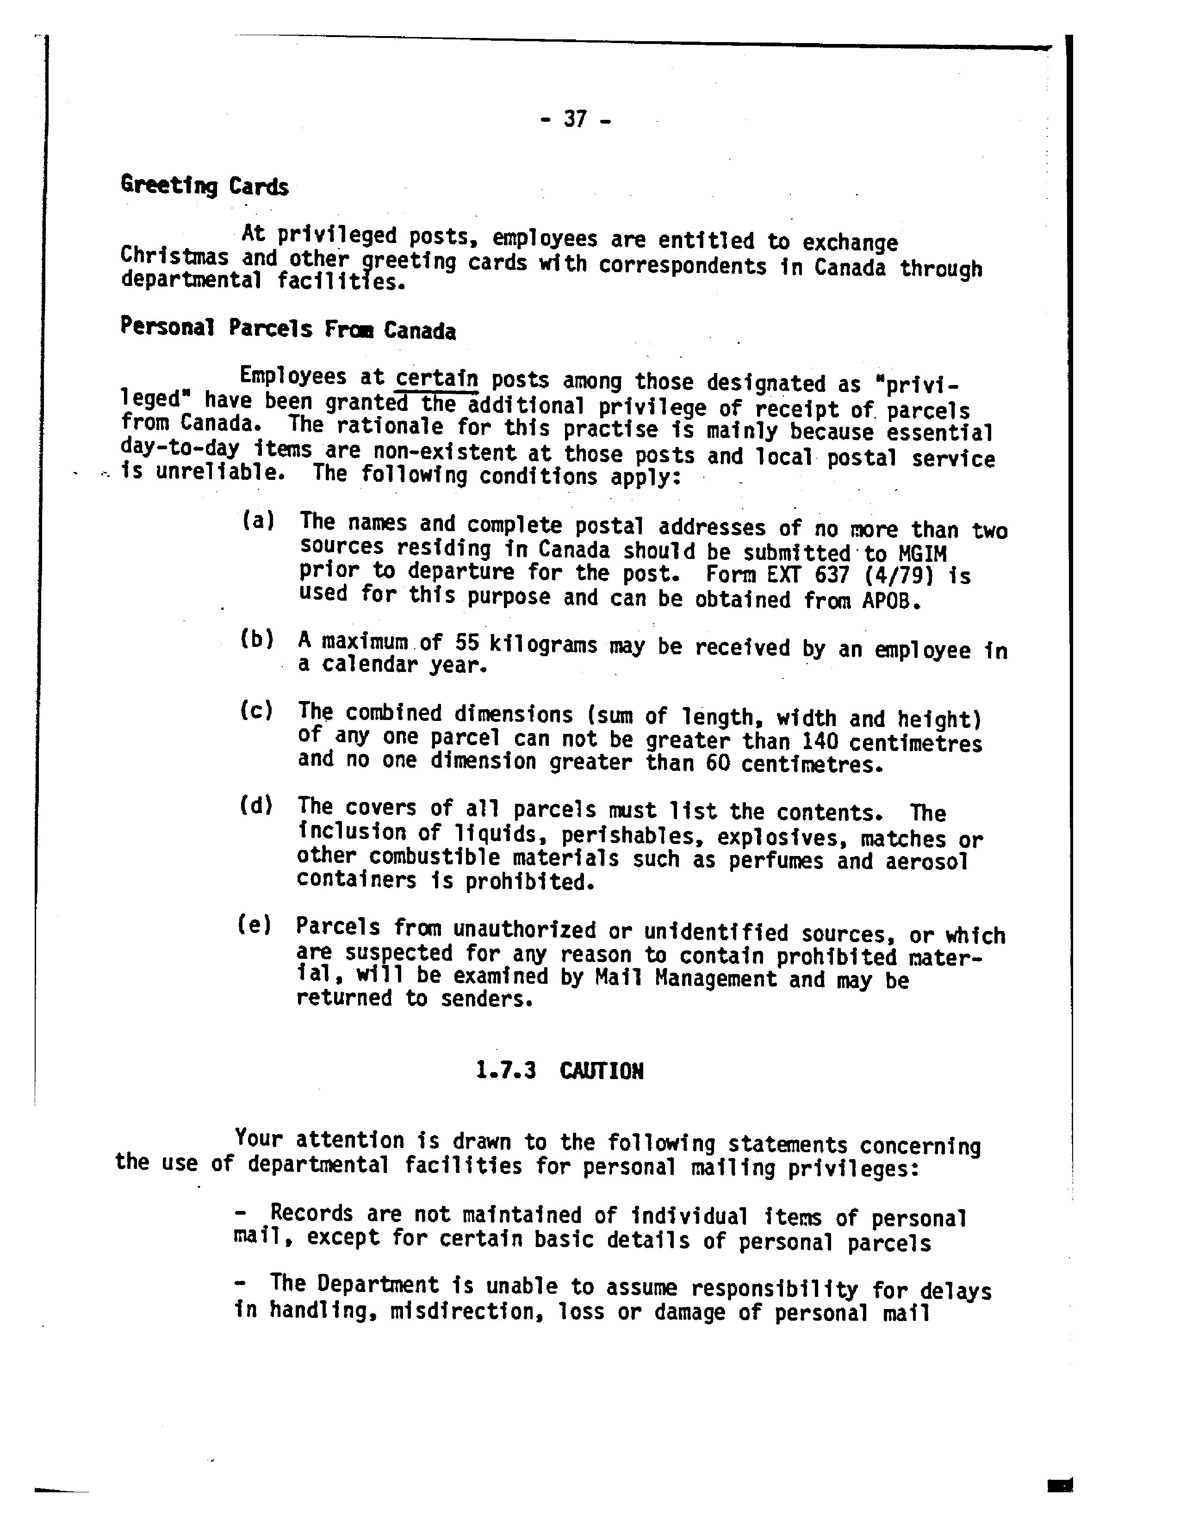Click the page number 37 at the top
(575, 119)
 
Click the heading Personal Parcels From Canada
(287, 329)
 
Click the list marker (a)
(257, 520)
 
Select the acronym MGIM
(922, 554)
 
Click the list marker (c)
(256, 711)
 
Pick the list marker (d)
(256, 806)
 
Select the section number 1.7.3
(505, 1070)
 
